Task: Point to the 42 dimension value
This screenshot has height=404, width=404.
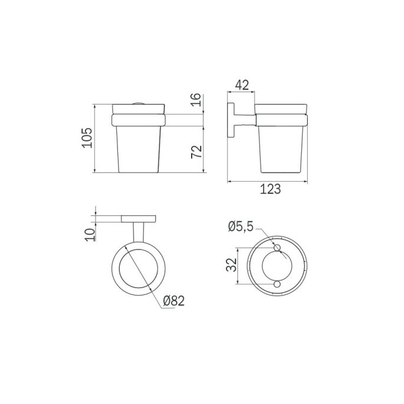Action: click(241, 84)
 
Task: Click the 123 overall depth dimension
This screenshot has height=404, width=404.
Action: click(269, 189)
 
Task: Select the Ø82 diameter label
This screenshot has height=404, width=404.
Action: click(173, 301)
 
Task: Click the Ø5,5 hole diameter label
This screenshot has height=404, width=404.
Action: click(240, 225)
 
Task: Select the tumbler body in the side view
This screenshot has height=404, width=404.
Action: click(280, 150)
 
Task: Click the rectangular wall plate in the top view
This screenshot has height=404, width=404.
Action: click(139, 219)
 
